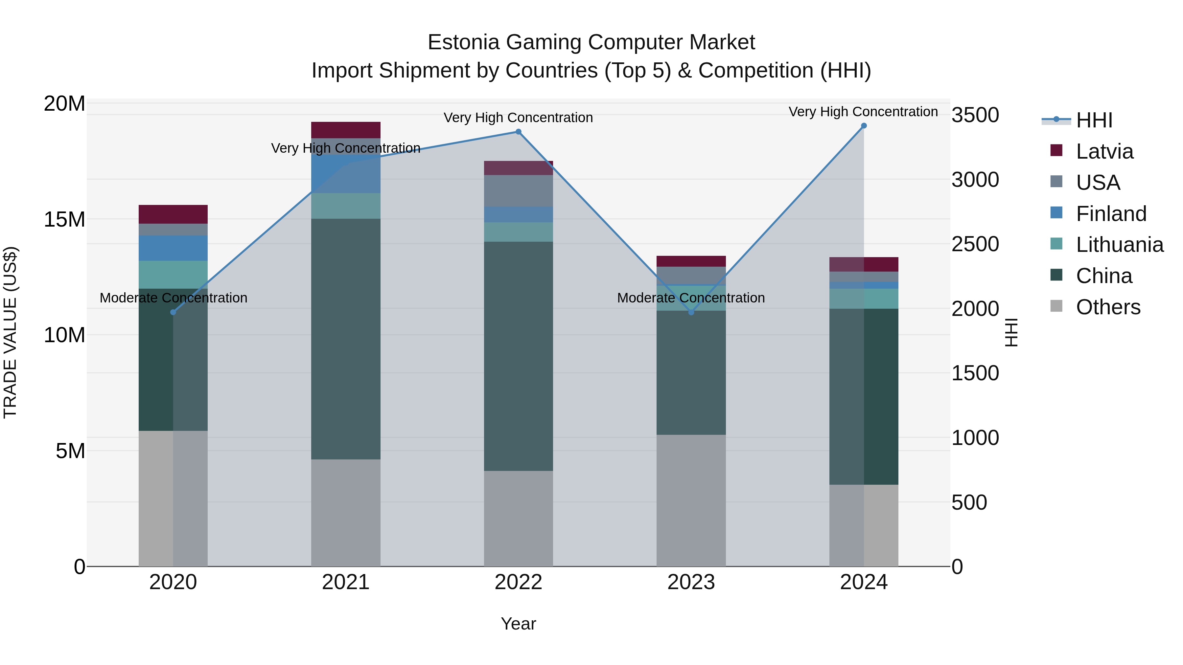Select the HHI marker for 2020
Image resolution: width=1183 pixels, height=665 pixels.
[173, 312]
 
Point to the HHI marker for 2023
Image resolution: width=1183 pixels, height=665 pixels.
[691, 312]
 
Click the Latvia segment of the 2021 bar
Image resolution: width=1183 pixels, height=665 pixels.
[345, 130]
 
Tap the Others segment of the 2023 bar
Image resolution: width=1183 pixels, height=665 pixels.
[691, 500]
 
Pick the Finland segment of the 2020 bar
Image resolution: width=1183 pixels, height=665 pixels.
[173, 248]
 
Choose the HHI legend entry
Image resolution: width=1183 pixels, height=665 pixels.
[1094, 120]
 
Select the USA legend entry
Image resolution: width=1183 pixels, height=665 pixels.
[1098, 182]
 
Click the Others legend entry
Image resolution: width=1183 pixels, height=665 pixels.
[1108, 307]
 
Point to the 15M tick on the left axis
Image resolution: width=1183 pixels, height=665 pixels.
[64, 219]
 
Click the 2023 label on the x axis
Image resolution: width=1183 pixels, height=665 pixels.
[691, 582]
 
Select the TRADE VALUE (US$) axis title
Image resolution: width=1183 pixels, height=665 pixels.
[10, 332]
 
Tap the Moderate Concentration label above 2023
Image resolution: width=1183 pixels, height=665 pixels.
[691, 298]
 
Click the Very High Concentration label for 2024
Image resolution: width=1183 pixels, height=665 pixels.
[863, 112]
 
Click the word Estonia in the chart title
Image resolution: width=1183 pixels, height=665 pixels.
[463, 42]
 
